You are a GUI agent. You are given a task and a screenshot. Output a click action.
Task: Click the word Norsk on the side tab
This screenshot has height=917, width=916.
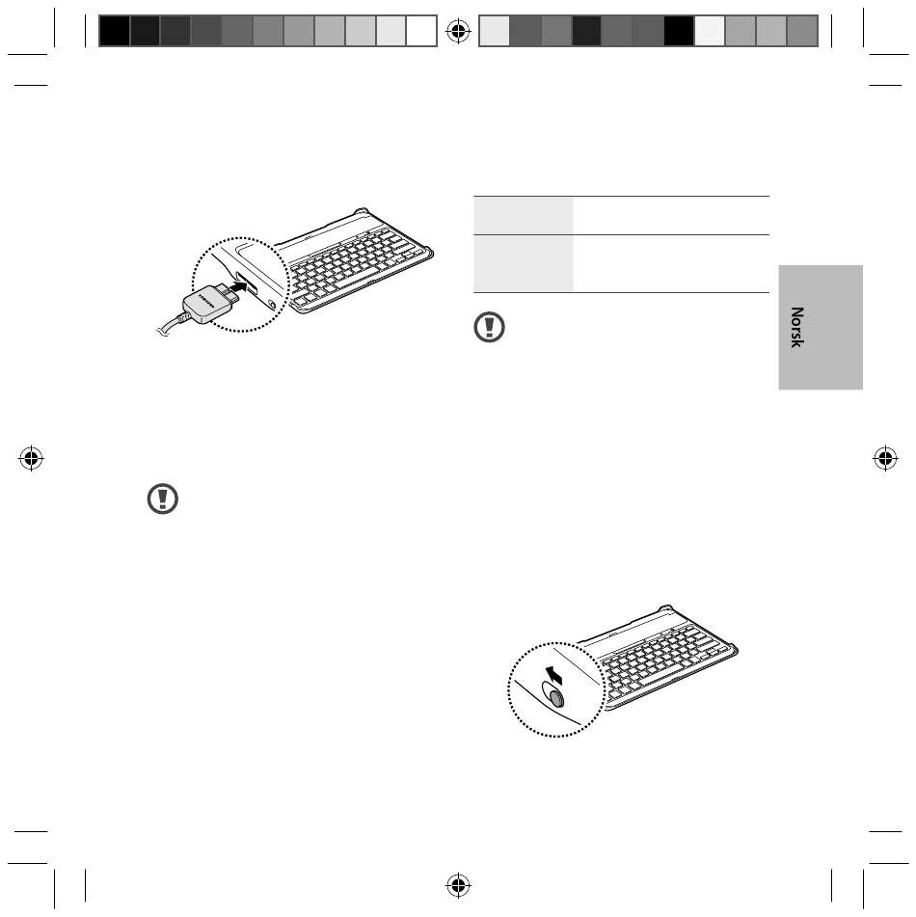tap(796, 327)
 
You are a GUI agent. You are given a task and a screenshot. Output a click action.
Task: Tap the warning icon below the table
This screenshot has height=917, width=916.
tap(489, 327)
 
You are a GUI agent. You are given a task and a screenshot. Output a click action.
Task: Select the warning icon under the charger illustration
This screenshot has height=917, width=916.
tap(163, 499)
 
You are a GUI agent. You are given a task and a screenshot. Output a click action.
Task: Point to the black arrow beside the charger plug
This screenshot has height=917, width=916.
tap(240, 286)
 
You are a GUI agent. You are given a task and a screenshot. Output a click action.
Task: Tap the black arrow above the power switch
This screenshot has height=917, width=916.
tap(553, 675)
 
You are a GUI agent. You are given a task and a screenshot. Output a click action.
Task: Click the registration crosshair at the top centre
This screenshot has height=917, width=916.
tap(458, 31)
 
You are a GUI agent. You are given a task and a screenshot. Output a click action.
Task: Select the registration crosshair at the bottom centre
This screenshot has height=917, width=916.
tap(458, 885)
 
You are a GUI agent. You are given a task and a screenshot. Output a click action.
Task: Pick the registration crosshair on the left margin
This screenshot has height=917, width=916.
tap(31, 458)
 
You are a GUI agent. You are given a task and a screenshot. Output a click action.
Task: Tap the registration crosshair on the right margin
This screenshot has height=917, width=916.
tap(885, 458)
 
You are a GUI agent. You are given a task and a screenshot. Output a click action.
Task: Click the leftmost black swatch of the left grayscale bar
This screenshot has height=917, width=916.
tap(114, 31)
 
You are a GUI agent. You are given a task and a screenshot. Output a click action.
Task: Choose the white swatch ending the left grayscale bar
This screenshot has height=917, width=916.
tap(421, 31)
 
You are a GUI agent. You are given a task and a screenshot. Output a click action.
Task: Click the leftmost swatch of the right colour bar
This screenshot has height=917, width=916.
tap(495, 31)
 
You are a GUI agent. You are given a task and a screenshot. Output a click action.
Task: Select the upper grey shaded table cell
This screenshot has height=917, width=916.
tap(523, 215)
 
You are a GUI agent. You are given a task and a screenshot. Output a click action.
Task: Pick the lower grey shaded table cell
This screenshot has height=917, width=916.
tap(523, 263)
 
